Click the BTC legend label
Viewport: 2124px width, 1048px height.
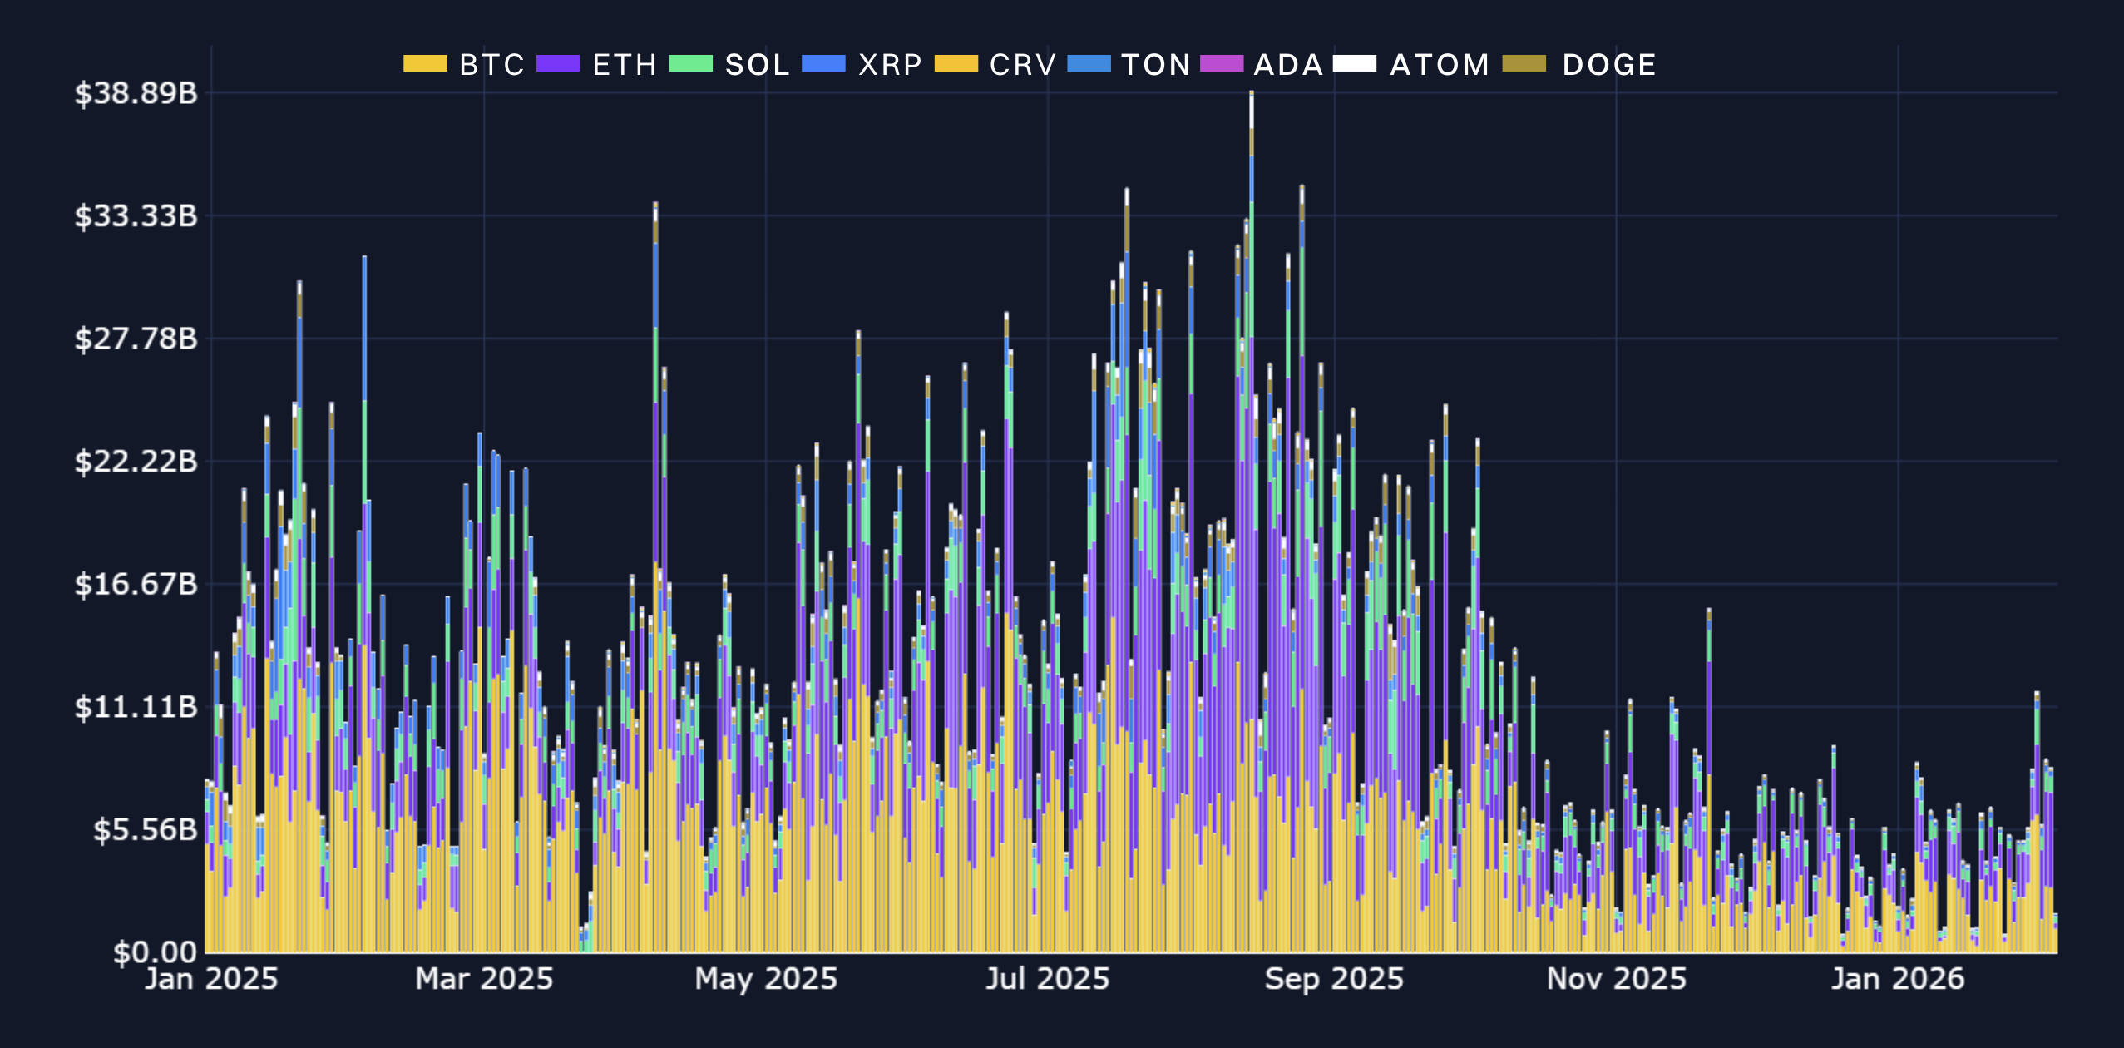[491, 65]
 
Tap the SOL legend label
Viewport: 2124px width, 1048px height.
[757, 65]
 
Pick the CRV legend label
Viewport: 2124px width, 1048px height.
[1023, 65]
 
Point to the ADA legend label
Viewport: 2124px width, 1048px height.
[1288, 65]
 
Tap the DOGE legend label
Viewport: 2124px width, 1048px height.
[1609, 65]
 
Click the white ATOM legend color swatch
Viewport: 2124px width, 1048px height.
[1355, 64]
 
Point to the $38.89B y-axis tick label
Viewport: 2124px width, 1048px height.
[136, 93]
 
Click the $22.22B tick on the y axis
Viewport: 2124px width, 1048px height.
[136, 461]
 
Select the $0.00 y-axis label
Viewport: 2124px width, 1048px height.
[156, 952]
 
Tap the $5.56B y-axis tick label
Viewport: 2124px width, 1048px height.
[145, 829]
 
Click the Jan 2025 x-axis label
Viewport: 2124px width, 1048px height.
[211, 979]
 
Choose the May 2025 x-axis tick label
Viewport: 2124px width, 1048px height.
[766, 979]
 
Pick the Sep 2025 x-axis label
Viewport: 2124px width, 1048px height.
[1334, 979]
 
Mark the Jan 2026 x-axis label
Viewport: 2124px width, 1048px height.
[1898, 979]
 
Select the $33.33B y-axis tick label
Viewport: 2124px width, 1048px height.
[136, 216]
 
